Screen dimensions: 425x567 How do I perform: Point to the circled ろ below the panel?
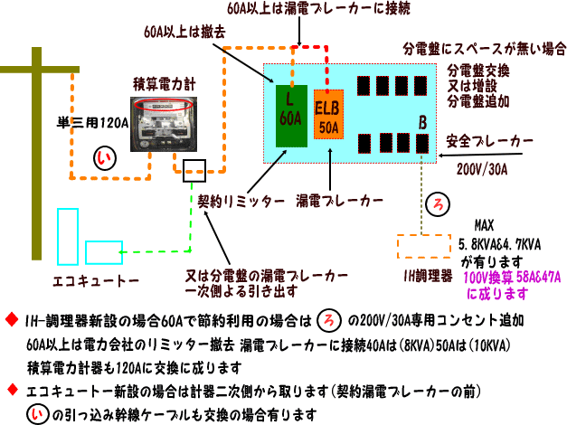click(439, 202)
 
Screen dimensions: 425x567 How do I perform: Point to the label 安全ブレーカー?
click(490, 142)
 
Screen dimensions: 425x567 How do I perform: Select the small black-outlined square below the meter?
click(194, 169)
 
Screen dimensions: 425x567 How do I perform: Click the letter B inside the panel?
click(421, 122)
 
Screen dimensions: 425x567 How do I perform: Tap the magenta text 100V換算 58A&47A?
click(512, 277)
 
